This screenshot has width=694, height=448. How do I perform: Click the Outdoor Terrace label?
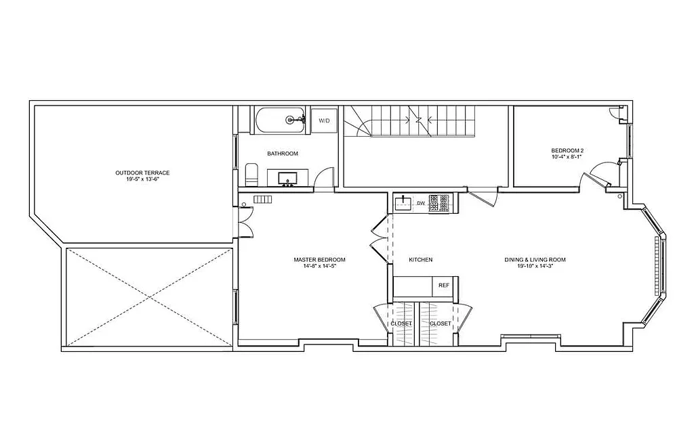(142, 176)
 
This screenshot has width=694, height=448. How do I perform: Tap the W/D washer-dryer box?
(324, 120)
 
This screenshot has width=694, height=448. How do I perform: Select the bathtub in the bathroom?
(281, 120)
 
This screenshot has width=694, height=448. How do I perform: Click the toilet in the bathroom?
(251, 175)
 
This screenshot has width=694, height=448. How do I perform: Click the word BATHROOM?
(282, 154)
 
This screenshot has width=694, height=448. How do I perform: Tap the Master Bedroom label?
(319, 263)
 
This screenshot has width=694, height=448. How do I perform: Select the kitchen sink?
(403, 202)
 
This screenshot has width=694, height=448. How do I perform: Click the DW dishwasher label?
(421, 203)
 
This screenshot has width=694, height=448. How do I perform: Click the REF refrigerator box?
(444, 286)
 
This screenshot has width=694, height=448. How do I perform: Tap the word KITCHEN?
(420, 260)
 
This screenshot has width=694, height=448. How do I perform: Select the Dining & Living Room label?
(535, 263)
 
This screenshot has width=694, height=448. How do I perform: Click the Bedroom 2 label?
(567, 154)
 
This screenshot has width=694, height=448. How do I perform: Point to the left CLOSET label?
(401, 324)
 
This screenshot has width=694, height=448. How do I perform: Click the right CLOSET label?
(441, 324)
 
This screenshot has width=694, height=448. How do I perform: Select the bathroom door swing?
(325, 178)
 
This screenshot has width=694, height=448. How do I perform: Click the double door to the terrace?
(245, 220)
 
